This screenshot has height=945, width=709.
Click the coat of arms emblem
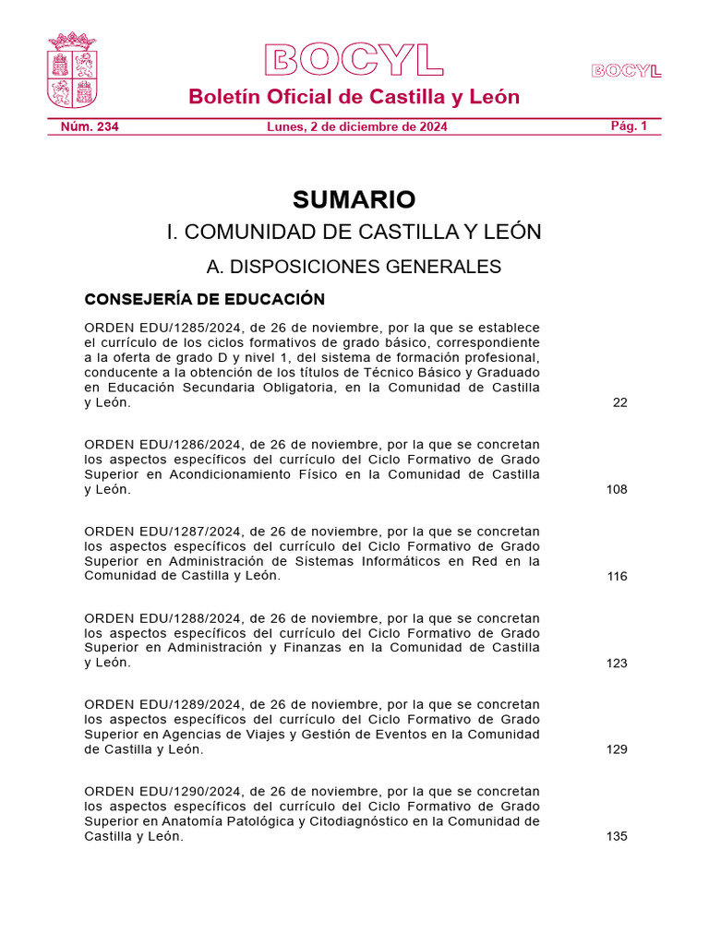[72, 71]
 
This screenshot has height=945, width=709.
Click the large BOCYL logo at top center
[354, 60]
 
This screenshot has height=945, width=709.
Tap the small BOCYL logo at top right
[627, 71]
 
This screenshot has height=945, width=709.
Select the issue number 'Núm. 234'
[83, 126]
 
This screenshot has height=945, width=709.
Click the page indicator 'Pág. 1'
[630, 126]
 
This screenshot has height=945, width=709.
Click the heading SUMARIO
[354, 199]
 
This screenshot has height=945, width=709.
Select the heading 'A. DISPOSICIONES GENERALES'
[354, 267]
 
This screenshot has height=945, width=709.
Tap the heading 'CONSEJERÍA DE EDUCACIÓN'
[204, 299]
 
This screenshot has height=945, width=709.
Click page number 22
[619, 402]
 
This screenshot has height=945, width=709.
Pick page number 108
[617, 489]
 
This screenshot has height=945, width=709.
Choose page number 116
[617, 576]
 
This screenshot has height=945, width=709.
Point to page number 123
[617, 663]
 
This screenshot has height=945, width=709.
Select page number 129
[617, 749]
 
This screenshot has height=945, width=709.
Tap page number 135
[617, 836]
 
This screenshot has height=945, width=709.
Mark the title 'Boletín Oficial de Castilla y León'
[354, 97]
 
